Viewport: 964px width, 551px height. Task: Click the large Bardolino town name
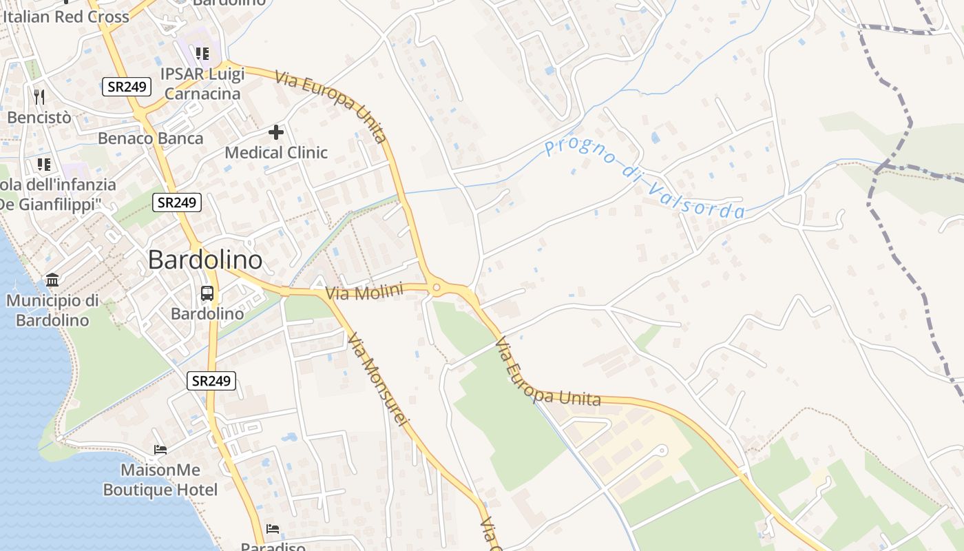click(x=205, y=260)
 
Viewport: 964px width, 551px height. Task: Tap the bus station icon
click(x=207, y=293)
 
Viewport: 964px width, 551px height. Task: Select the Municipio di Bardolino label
click(x=52, y=310)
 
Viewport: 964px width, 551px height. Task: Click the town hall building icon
click(x=52, y=280)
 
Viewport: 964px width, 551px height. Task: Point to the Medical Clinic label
click(x=276, y=152)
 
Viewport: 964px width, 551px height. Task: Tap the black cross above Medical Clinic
click(x=276, y=132)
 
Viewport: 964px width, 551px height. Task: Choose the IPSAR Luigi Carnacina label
click(x=201, y=83)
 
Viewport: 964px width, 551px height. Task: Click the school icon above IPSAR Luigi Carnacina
click(x=202, y=53)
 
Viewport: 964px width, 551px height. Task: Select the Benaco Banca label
click(x=151, y=138)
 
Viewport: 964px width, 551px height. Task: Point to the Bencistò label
click(x=39, y=117)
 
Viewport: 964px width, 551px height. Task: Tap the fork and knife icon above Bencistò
click(x=39, y=96)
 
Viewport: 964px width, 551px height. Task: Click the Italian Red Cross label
click(x=66, y=17)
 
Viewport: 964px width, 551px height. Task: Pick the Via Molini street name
click(x=364, y=292)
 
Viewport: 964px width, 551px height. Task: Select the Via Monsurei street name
click(x=378, y=380)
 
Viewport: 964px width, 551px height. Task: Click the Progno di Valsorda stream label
click(x=645, y=178)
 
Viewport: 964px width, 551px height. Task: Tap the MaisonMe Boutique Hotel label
click(x=160, y=480)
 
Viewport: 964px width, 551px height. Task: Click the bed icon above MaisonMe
click(x=160, y=450)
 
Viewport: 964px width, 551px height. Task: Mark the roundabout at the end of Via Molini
click(x=436, y=289)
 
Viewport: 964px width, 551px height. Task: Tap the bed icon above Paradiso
click(x=273, y=529)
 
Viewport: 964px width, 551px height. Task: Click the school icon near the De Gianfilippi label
click(x=44, y=164)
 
